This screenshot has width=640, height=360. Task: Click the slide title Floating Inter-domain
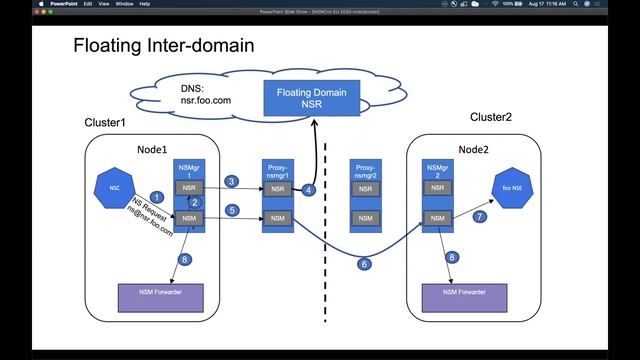pos(164,45)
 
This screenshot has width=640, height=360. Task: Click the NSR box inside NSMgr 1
pos(188,188)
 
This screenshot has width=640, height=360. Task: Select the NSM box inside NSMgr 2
pos(436,218)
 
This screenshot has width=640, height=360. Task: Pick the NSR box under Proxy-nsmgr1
pos(277,188)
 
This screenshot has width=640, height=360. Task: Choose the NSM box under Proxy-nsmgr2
pos(365,218)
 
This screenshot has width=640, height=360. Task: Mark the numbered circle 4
pos(310,190)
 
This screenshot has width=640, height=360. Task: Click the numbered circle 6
pos(364,264)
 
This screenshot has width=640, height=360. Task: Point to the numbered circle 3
pos(231,181)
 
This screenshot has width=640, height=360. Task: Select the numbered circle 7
pos(479,217)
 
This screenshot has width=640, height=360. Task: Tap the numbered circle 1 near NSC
pos(156,196)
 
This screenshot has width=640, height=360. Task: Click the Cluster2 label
pos(490,117)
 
